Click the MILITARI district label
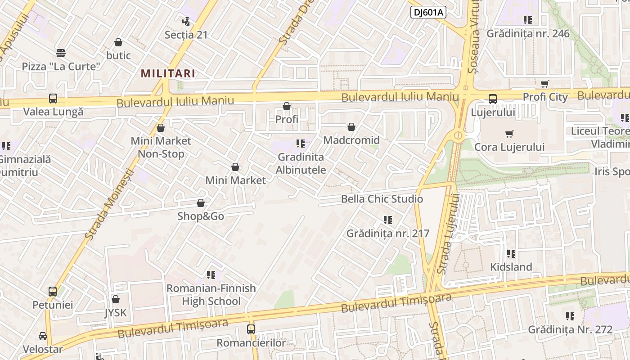tap(168, 73)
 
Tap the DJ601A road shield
tap(428, 12)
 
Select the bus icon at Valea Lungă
tap(53, 99)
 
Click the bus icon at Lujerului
tap(493, 99)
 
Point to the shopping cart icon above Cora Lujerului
tap(509, 134)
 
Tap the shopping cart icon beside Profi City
tap(545, 84)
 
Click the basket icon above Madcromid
tap(351, 127)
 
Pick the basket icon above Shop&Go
tap(201, 203)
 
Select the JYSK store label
tap(116, 313)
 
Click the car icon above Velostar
tap(43, 336)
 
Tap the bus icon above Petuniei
tap(53, 292)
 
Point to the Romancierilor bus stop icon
tap(251, 329)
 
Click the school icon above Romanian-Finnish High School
tap(211, 274)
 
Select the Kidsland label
tap(511, 267)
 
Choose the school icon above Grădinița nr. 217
tap(387, 220)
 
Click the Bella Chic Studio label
tap(382, 199)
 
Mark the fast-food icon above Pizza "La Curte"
tap(61, 53)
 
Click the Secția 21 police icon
tap(186, 21)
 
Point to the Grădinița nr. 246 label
tap(528, 34)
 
